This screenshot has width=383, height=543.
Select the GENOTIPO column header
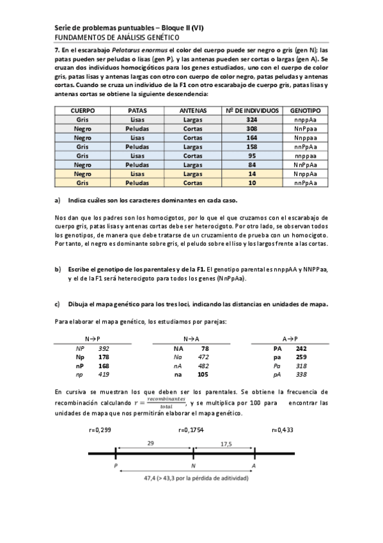(x=306, y=111)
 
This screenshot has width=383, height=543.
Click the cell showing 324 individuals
(x=251, y=120)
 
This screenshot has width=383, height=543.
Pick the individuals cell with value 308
(x=251, y=129)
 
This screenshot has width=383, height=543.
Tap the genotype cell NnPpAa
(x=306, y=165)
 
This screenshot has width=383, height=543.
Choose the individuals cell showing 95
(x=251, y=156)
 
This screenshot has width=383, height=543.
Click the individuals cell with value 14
(x=251, y=174)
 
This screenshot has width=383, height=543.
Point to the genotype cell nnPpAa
(x=306, y=182)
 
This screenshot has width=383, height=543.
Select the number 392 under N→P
(x=104, y=348)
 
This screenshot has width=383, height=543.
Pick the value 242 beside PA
(x=301, y=348)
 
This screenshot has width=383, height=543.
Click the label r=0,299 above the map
(x=100, y=430)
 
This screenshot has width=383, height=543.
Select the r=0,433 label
(x=282, y=430)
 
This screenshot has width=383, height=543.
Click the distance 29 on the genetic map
(x=150, y=443)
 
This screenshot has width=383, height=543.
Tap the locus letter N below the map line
(x=193, y=466)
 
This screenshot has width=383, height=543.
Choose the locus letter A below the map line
(x=254, y=466)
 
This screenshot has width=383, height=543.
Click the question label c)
(x=58, y=304)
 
